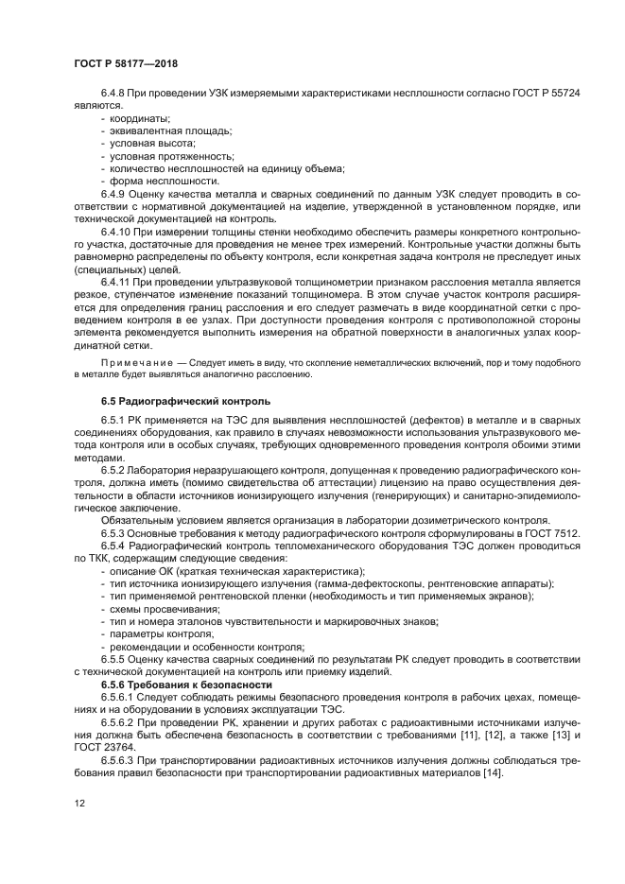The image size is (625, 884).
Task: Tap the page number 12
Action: click(79, 802)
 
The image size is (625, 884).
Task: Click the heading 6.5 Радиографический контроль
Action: click(176, 401)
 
